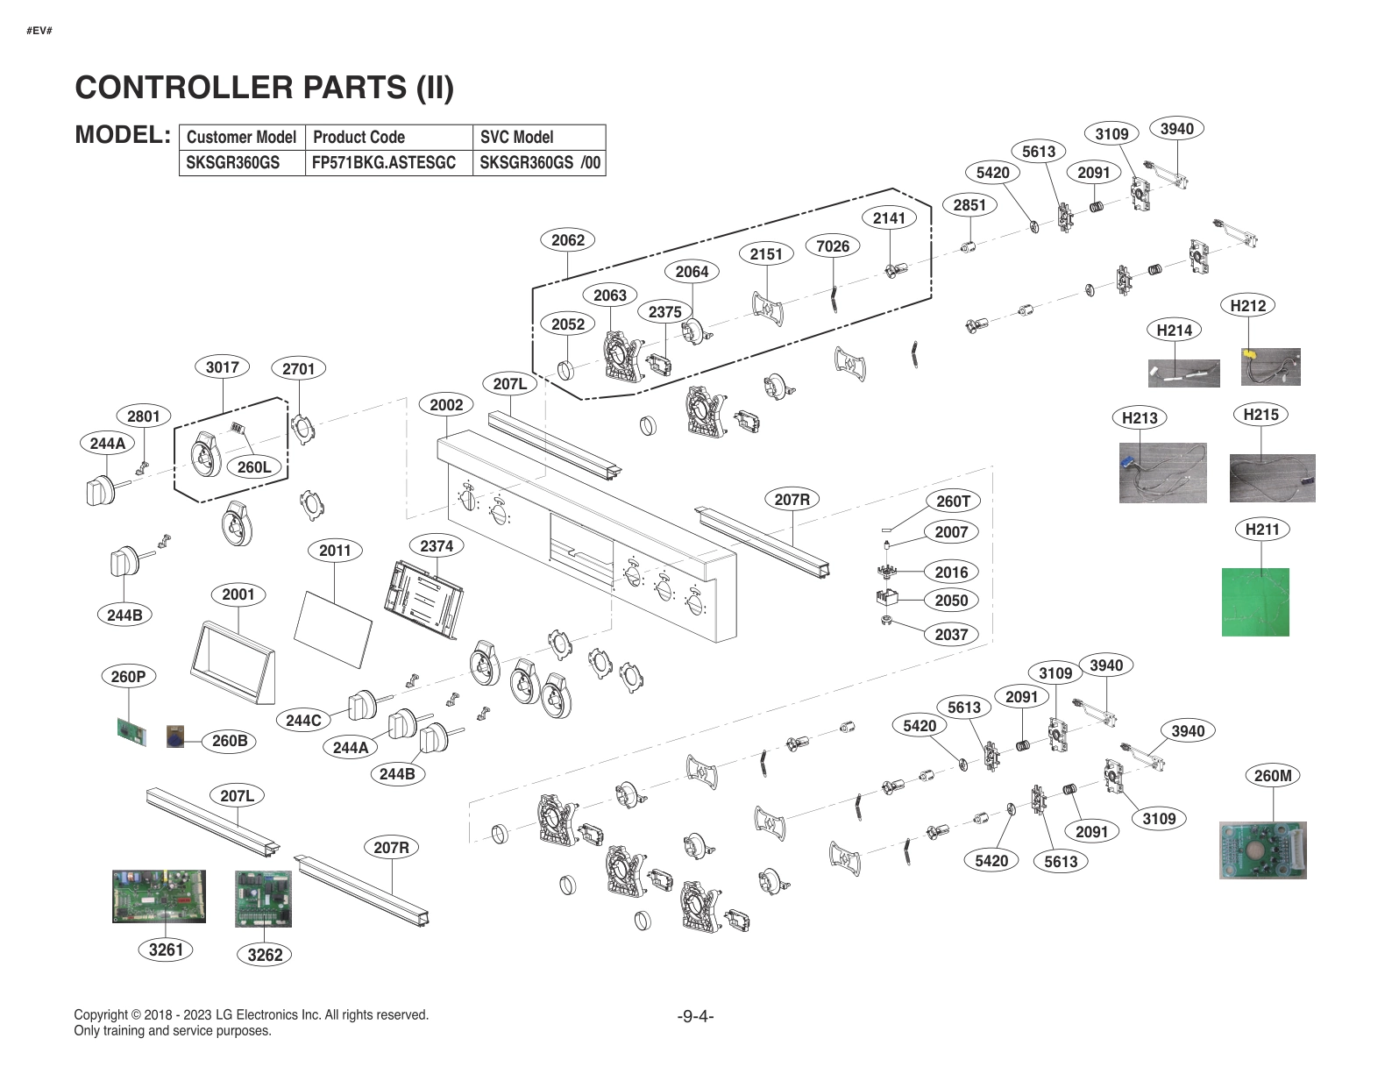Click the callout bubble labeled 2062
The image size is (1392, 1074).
tap(568, 240)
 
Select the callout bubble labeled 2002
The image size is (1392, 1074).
tap(446, 404)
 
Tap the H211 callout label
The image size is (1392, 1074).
tap(1262, 529)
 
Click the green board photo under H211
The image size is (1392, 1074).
tap(1255, 601)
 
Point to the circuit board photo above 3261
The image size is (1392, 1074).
tap(159, 896)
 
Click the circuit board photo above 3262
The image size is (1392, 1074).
tap(263, 899)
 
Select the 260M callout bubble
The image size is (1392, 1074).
tap(1273, 776)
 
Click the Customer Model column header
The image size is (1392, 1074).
tap(241, 137)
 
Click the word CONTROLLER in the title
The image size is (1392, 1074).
tap(184, 87)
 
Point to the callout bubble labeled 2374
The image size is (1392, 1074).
tap(437, 545)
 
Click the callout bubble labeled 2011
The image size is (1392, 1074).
tap(335, 551)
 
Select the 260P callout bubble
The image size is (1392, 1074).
tap(128, 676)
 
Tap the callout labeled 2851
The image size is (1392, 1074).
tap(969, 205)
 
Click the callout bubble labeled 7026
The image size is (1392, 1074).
tap(833, 246)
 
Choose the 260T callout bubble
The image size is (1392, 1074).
tap(953, 501)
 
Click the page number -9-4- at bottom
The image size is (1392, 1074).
tap(695, 1016)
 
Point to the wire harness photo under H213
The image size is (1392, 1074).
tap(1162, 473)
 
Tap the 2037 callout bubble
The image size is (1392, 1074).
tap(951, 634)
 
